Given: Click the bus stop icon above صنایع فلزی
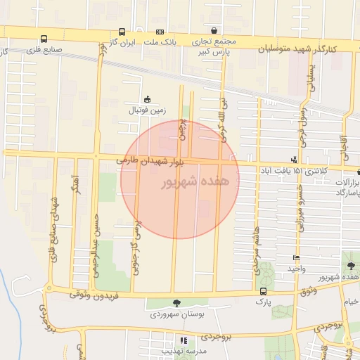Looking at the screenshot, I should coord(44,39).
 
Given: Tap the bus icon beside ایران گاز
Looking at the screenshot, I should coord(122,32).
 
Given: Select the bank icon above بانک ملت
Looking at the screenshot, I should coord(160,32).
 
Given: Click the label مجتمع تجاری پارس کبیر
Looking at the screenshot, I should coord(212,46).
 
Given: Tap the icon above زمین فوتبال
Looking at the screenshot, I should coord(147,99).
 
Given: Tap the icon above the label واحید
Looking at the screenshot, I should coord(296,258).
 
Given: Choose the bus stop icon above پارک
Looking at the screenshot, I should coord(263,291).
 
